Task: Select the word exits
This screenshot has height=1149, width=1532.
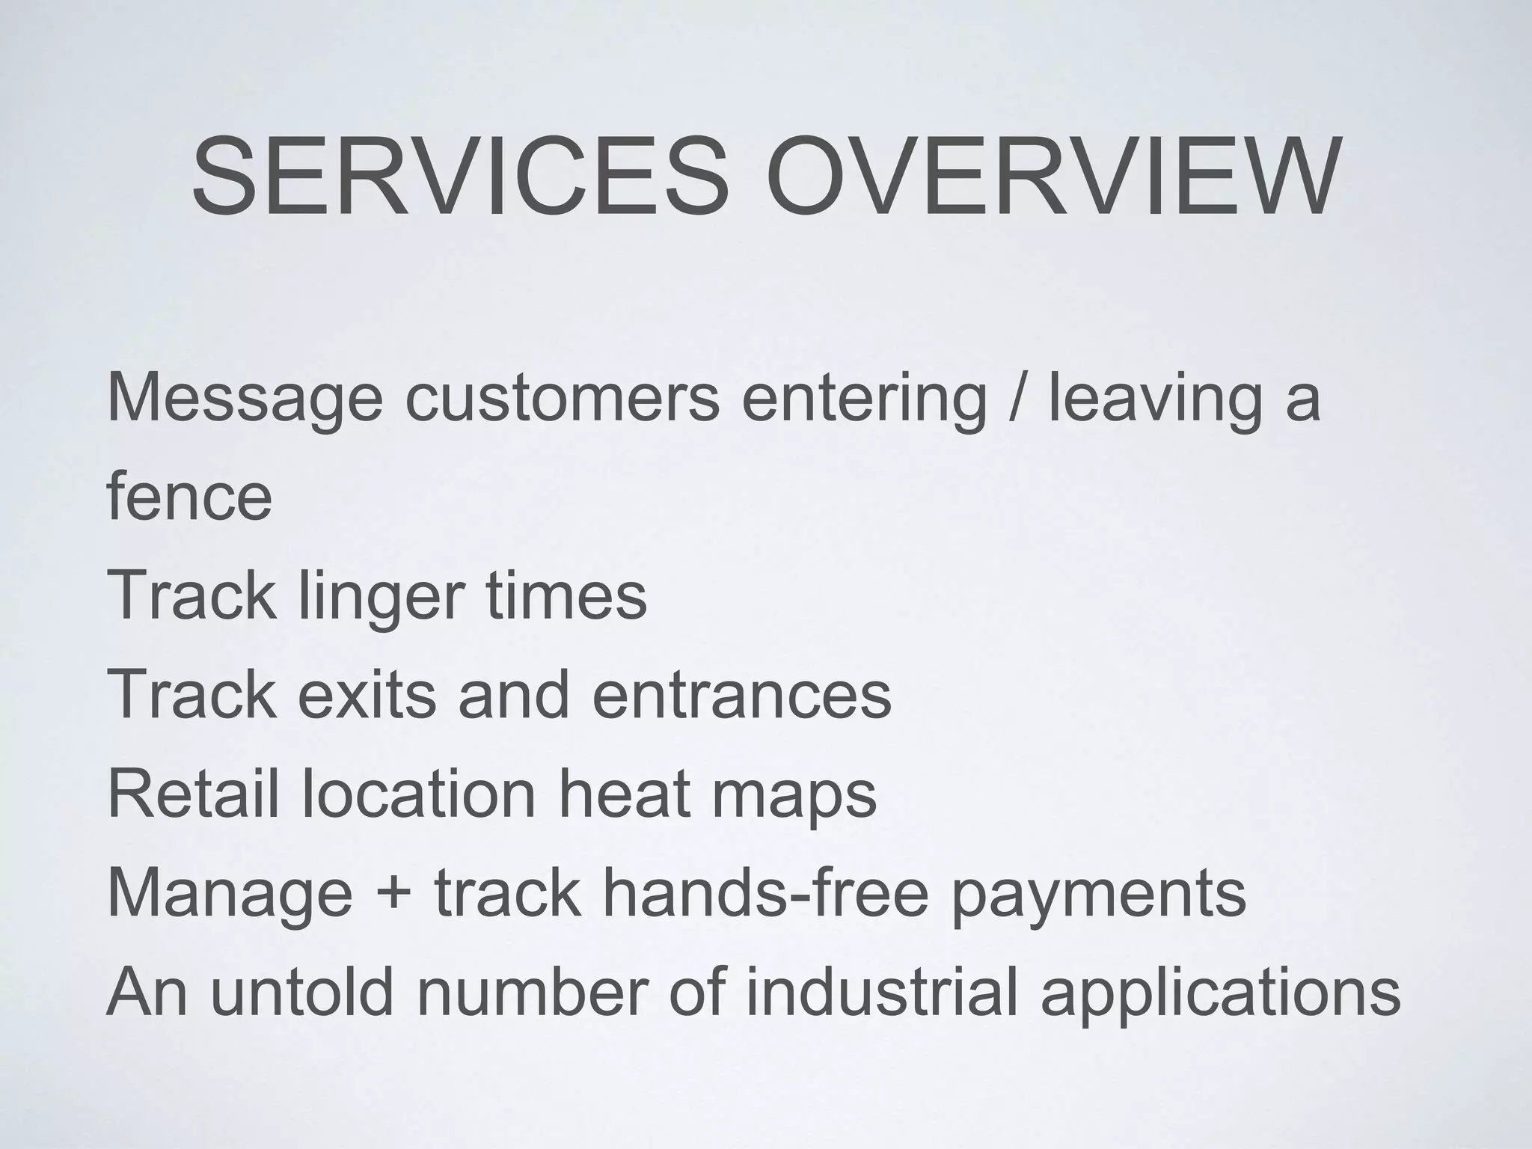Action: [367, 694]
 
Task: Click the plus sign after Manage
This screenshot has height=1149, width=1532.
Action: [393, 893]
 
